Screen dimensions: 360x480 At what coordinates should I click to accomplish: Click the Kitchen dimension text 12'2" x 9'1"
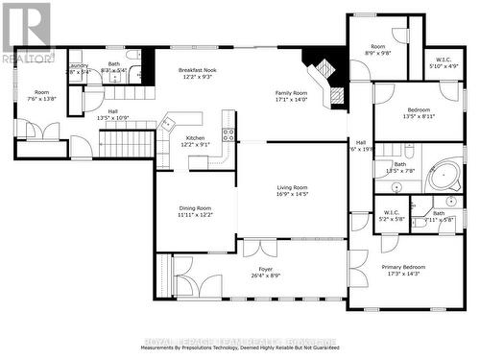[x=196, y=145]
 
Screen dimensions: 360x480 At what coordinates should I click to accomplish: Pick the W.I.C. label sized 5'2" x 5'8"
[x=392, y=212]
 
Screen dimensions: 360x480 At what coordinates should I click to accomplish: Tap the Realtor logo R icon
[x=25, y=27]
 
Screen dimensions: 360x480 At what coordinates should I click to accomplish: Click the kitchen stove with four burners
[x=228, y=122]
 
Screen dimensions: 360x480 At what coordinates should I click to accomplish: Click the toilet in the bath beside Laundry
[x=132, y=56]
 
